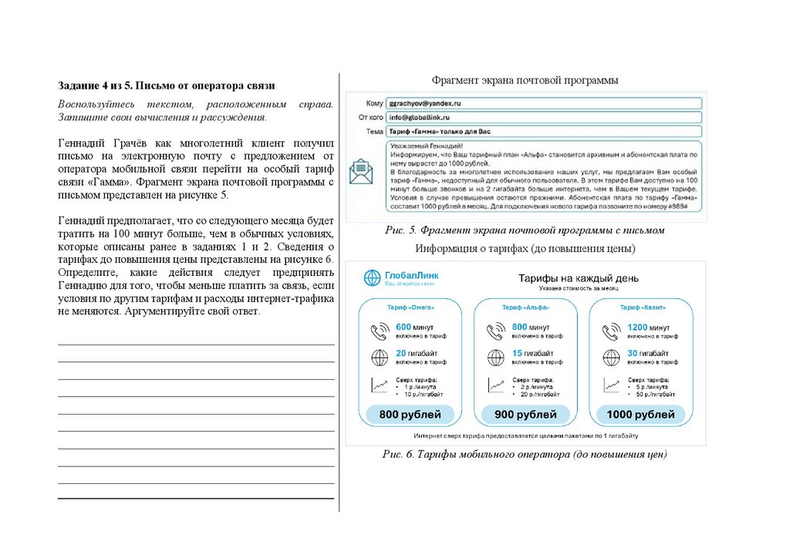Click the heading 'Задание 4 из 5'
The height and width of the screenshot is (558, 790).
point(167,86)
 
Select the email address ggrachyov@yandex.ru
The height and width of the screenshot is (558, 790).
point(425,103)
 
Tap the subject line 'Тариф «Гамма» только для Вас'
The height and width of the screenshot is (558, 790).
point(440,132)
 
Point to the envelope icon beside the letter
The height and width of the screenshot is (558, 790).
point(361,171)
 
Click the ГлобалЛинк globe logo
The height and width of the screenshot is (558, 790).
point(373,277)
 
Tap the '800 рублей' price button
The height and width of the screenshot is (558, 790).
point(410,415)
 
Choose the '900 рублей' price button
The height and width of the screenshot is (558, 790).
point(525,415)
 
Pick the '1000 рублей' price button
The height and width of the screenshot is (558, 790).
point(640,415)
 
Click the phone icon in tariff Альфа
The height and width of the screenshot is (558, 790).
point(495,331)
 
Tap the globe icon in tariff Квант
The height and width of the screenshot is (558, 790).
point(610,358)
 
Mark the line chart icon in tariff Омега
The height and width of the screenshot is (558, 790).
point(379,385)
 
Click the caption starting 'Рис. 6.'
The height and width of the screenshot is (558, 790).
point(525,454)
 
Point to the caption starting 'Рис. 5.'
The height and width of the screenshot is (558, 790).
point(525,230)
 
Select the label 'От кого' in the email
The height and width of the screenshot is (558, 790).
point(371,117)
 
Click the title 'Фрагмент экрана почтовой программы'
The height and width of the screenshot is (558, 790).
point(525,80)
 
